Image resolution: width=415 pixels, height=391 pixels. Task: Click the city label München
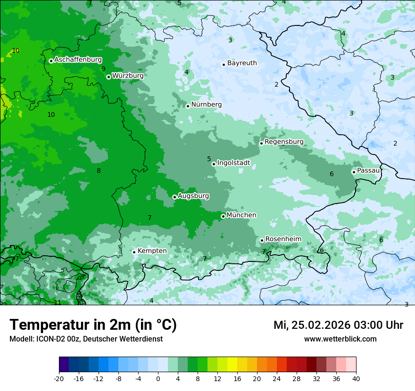241,215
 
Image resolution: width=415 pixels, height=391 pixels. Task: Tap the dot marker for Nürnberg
188,106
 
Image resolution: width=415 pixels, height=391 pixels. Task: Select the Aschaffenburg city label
78,60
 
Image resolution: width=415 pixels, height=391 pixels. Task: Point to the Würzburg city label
128,76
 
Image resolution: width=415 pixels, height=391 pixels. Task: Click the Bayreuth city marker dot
224,65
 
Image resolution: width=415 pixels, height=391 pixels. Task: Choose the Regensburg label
284,142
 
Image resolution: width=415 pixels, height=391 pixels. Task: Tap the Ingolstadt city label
233,163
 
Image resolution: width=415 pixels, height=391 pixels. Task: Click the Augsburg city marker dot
174,197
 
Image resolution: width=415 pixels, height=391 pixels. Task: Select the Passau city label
368,171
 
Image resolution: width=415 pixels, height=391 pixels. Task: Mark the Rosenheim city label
283,239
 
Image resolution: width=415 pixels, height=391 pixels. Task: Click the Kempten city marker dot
134,252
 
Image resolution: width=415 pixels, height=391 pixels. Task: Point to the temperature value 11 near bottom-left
58,302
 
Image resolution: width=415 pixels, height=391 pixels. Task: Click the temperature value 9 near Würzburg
103,69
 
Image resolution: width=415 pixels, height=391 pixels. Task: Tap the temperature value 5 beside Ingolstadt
209,159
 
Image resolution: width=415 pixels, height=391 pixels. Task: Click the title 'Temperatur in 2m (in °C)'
93,325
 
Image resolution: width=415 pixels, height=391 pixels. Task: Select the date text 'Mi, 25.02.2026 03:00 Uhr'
338,325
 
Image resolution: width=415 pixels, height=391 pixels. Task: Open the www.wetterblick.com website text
340,339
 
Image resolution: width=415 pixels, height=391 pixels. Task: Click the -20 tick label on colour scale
59,379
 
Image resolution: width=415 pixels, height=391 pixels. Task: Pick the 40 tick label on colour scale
356,379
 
